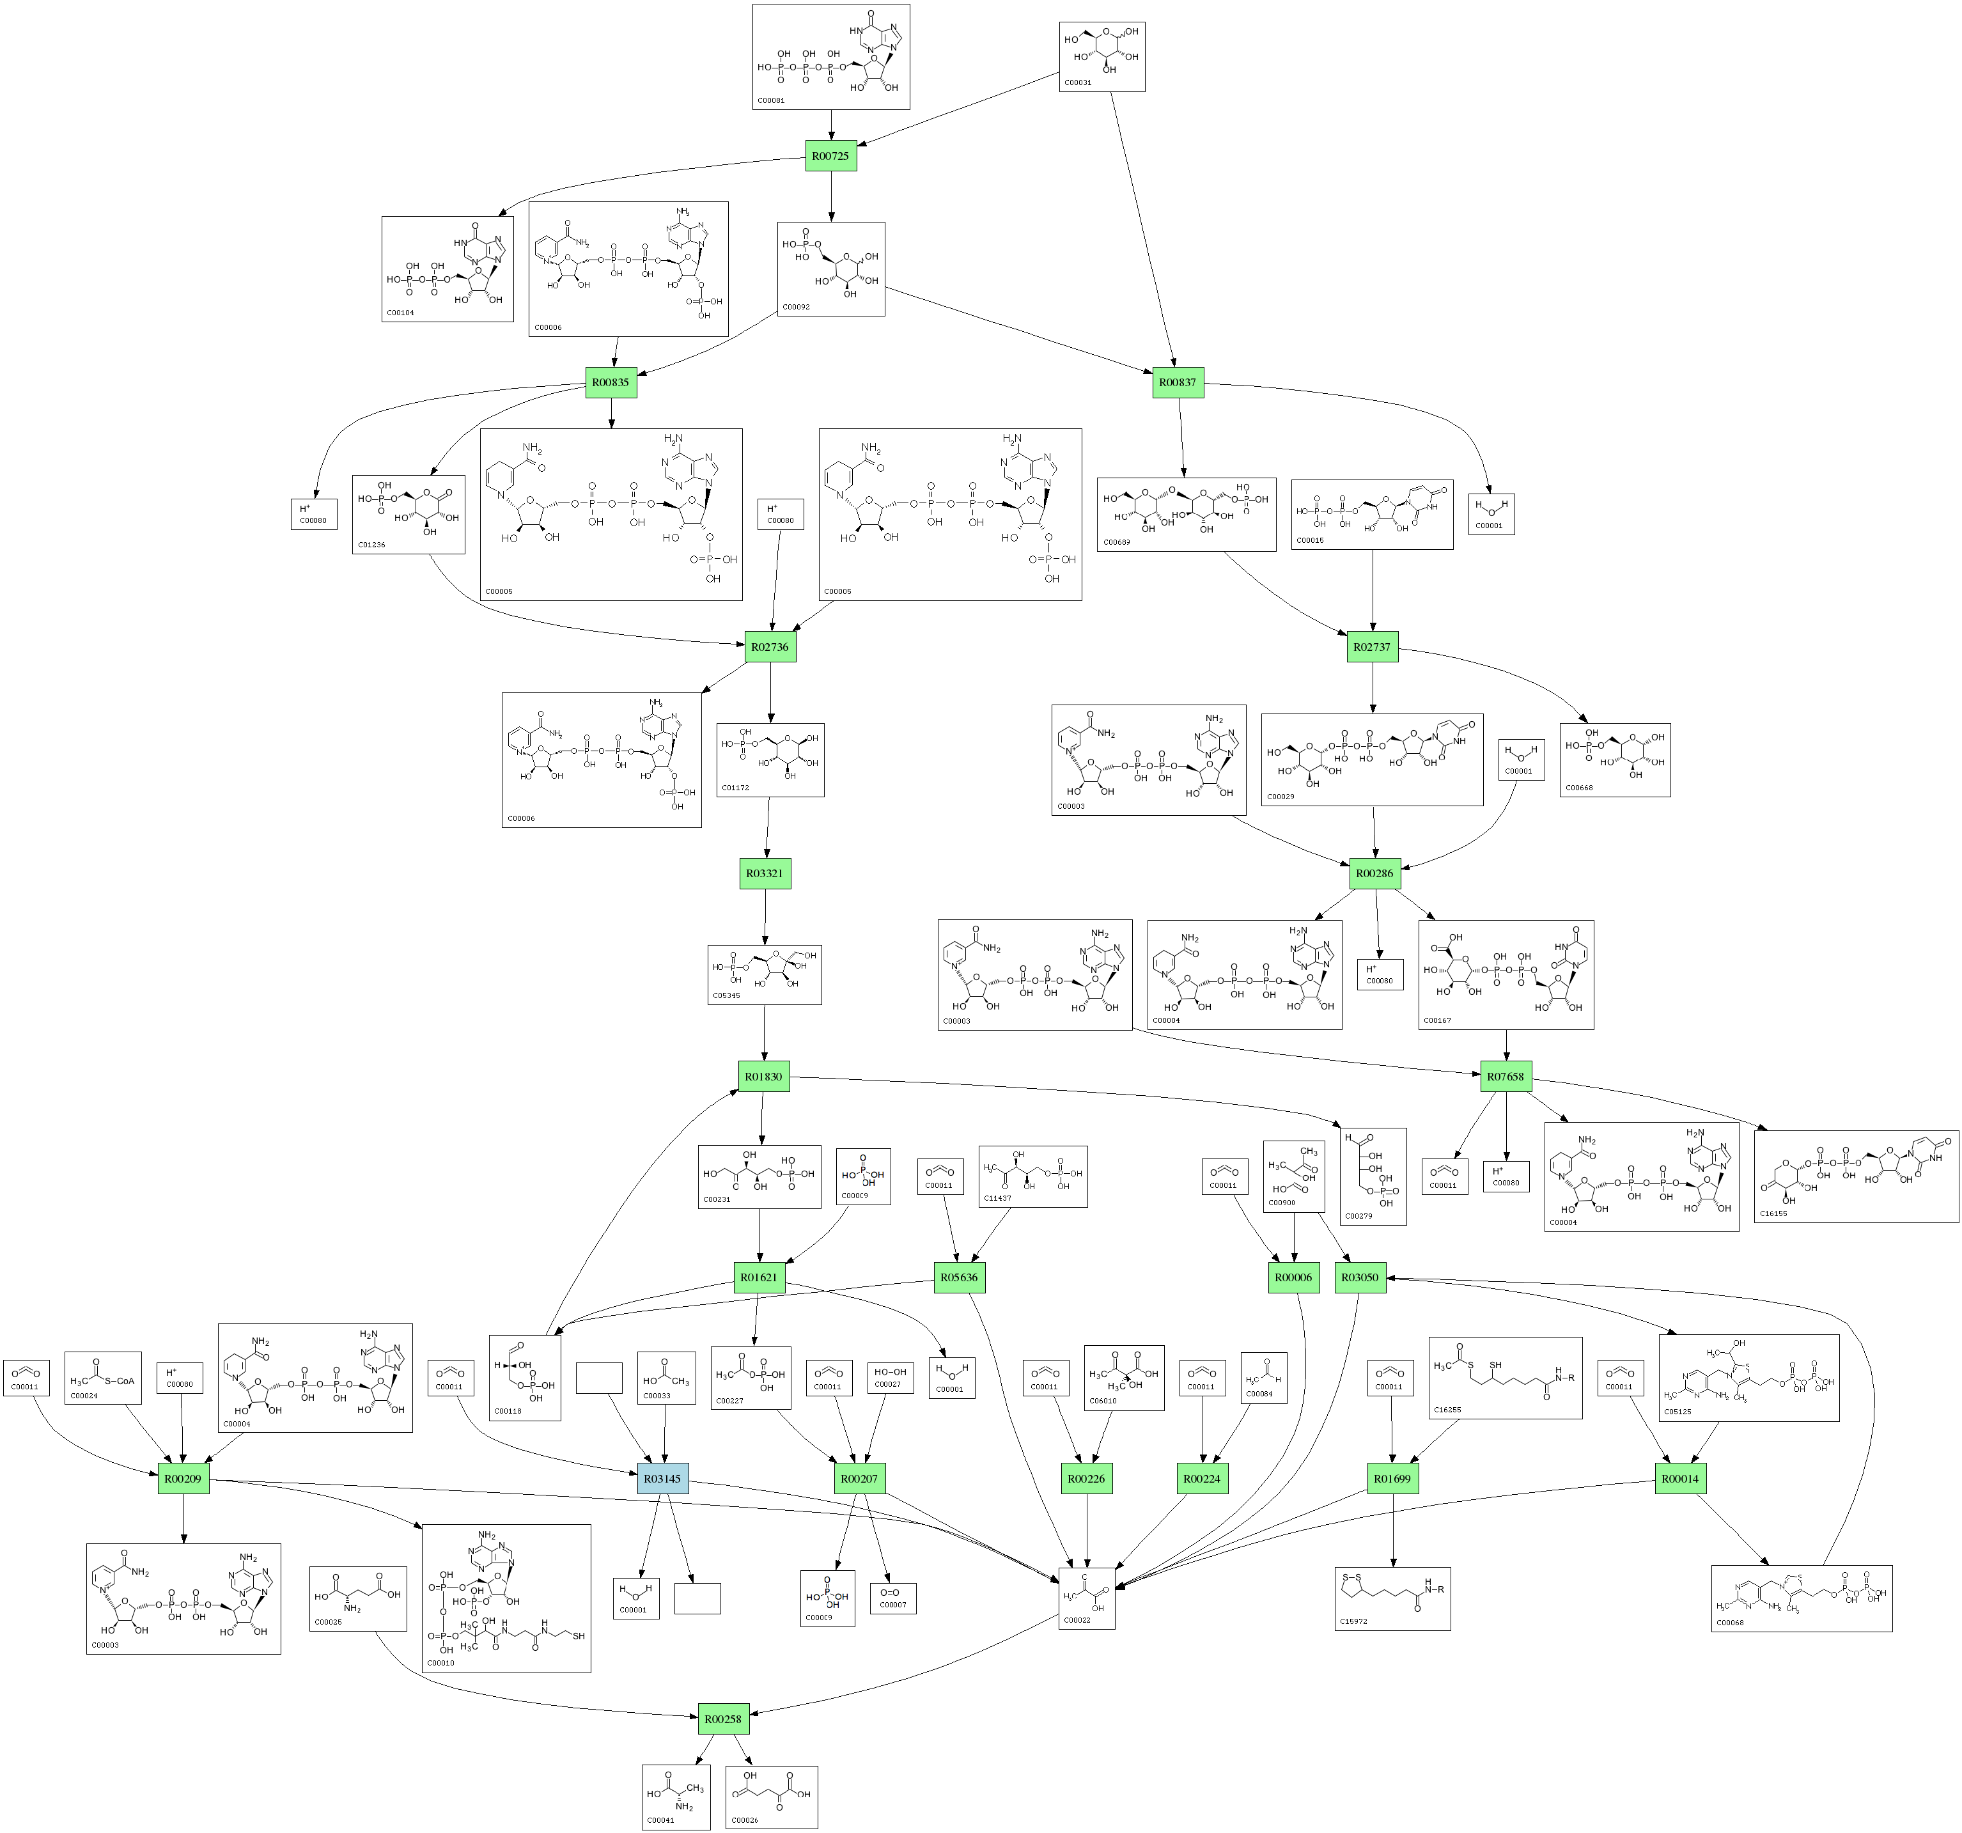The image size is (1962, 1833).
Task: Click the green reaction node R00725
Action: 830,156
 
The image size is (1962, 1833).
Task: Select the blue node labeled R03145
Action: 662,1479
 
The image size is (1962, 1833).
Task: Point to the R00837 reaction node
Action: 1178,382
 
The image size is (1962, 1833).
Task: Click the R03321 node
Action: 765,873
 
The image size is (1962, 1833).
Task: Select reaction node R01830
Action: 764,1077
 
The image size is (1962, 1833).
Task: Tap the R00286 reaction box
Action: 1374,873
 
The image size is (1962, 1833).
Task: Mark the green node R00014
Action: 1679,1479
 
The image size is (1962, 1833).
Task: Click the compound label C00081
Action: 772,100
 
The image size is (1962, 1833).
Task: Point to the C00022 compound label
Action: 1077,1620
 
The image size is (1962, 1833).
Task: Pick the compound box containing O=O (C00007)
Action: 893,1598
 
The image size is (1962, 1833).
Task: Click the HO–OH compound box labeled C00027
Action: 889,1377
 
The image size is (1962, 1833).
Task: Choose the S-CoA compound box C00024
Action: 103,1378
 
